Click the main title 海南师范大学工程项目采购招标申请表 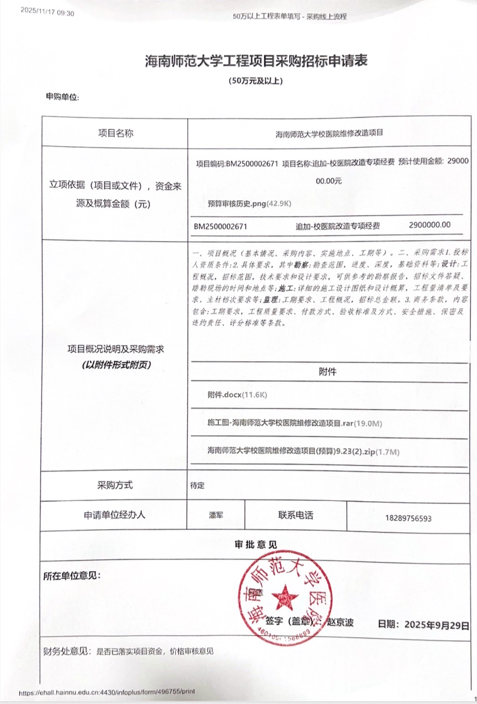click(x=256, y=61)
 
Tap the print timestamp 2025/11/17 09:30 click(x=47, y=13)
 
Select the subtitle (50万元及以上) click(x=256, y=81)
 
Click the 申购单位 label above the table click(x=62, y=97)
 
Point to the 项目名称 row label click(x=116, y=133)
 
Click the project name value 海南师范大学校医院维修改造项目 click(x=329, y=133)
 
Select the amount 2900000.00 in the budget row click(x=429, y=225)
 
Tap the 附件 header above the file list click(x=327, y=372)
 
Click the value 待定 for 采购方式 click(x=198, y=486)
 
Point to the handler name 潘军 click(x=216, y=515)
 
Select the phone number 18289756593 click(x=409, y=518)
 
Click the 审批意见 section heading click(x=256, y=545)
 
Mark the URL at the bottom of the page click(x=107, y=692)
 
